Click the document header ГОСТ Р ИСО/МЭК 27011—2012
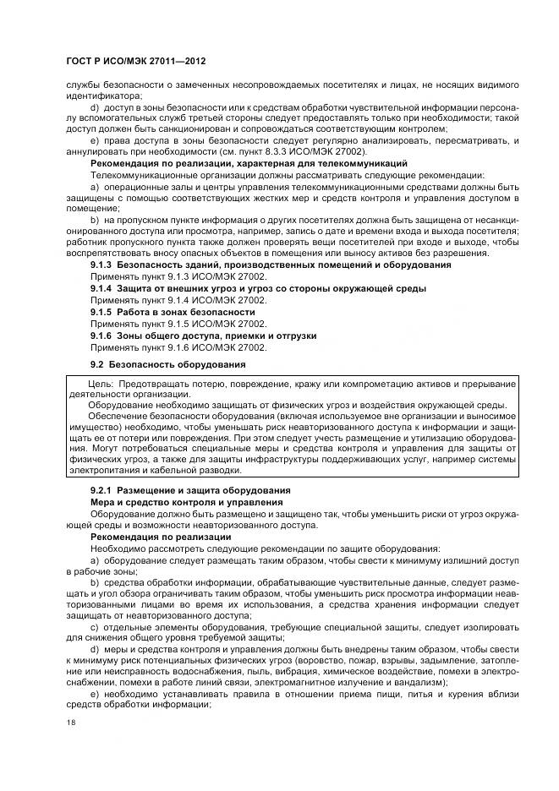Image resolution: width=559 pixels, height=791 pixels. click(135, 63)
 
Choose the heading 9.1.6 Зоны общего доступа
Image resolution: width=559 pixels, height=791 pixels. click(203, 335)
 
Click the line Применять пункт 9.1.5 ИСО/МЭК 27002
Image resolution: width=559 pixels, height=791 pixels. click(178, 324)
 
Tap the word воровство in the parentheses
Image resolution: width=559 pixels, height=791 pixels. click(327, 659)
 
